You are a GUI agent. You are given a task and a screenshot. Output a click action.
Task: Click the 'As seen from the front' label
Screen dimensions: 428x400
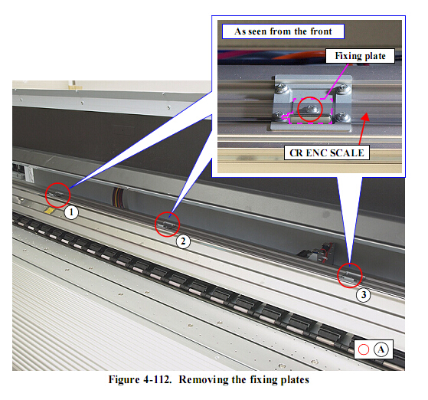tap(283, 31)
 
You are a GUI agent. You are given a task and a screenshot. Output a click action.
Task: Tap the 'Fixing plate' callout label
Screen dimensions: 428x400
tap(360, 56)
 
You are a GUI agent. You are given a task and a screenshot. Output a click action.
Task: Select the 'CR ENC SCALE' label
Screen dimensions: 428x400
tap(327, 152)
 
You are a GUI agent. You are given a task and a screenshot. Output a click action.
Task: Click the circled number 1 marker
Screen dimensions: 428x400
tap(71, 212)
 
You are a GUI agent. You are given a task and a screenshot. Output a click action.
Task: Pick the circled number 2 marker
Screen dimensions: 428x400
tap(183, 241)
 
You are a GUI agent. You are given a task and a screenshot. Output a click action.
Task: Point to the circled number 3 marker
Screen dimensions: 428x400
tap(364, 295)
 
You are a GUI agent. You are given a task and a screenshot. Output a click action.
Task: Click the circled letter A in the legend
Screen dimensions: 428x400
tap(381, 349)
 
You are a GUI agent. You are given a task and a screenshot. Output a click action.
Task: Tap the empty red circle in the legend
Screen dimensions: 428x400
tap(364, 349)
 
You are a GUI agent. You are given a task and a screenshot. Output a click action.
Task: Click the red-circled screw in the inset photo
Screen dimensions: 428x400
tap(310, 110)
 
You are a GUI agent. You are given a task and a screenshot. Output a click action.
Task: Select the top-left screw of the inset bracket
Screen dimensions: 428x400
tap(281, 89)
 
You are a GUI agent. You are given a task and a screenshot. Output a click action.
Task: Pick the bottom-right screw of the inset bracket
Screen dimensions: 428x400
tap(343, 118)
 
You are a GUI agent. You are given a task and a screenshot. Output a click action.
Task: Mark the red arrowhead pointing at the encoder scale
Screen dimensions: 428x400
tap(366, 116)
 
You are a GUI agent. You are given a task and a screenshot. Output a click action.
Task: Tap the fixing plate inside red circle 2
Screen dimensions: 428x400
tap(168, 225)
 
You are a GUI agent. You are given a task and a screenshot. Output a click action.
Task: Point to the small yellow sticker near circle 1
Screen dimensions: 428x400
tap(50, 210)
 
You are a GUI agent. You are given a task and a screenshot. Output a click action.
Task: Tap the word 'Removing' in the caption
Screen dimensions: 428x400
tap(204, 380)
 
